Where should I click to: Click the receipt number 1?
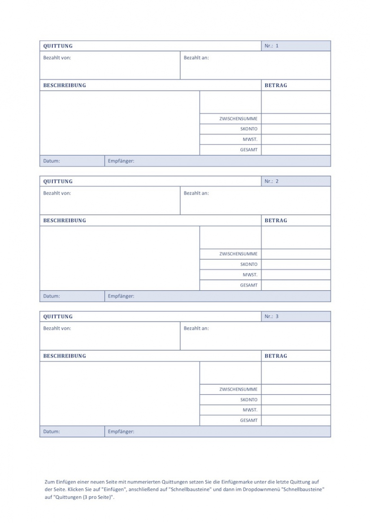tap(277, 46)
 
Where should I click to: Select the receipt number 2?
tap(277, 181)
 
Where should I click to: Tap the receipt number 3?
tap(277, 316)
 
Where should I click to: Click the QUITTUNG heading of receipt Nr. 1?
tap(58, 46)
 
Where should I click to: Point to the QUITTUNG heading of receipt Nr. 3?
tap(58, 316)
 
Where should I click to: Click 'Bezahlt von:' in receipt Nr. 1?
tap(57, 57)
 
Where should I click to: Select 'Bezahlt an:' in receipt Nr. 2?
tap(196, 193)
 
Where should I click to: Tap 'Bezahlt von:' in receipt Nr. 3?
tap(57, 328)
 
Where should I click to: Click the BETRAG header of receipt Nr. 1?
tap(276, 85)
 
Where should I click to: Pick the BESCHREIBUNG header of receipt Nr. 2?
tap(65, 221)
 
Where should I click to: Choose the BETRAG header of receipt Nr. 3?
tap(276, 356)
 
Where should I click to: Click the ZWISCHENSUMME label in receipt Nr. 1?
tap(238, 119)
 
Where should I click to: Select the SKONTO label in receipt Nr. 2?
tap(249, 264)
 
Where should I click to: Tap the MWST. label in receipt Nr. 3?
tap(250, 410)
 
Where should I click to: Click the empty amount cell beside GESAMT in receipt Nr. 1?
tap(296, 150)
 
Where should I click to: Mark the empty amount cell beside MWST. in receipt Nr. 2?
tap(296, 275)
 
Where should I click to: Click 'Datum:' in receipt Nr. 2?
tap(52, 296)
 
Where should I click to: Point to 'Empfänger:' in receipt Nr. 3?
tap(121, 431)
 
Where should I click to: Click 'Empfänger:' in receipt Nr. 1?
tap(121, 161)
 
